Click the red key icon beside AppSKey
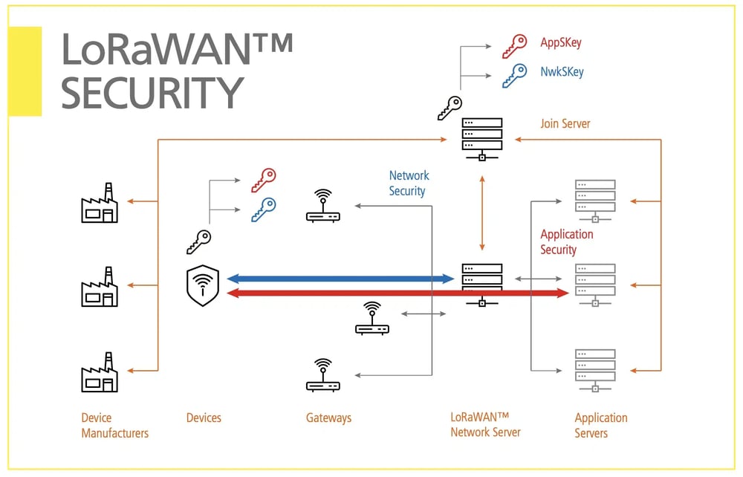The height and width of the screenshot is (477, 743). pos(513,46)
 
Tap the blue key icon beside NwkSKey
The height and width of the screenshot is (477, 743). pos(513,74)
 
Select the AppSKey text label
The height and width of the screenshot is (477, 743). pos(560,43)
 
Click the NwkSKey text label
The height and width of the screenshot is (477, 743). pos(562,72)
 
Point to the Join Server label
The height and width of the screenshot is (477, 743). pos(565,123)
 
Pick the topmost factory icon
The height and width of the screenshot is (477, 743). pos(100,204)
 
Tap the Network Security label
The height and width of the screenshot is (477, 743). pos(409,184)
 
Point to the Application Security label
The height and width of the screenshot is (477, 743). pos(567,242)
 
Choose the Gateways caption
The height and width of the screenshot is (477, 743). pos(328,418)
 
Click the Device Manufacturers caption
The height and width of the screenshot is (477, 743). pos(114,425)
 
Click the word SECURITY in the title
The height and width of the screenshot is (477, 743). pos(152,92)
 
